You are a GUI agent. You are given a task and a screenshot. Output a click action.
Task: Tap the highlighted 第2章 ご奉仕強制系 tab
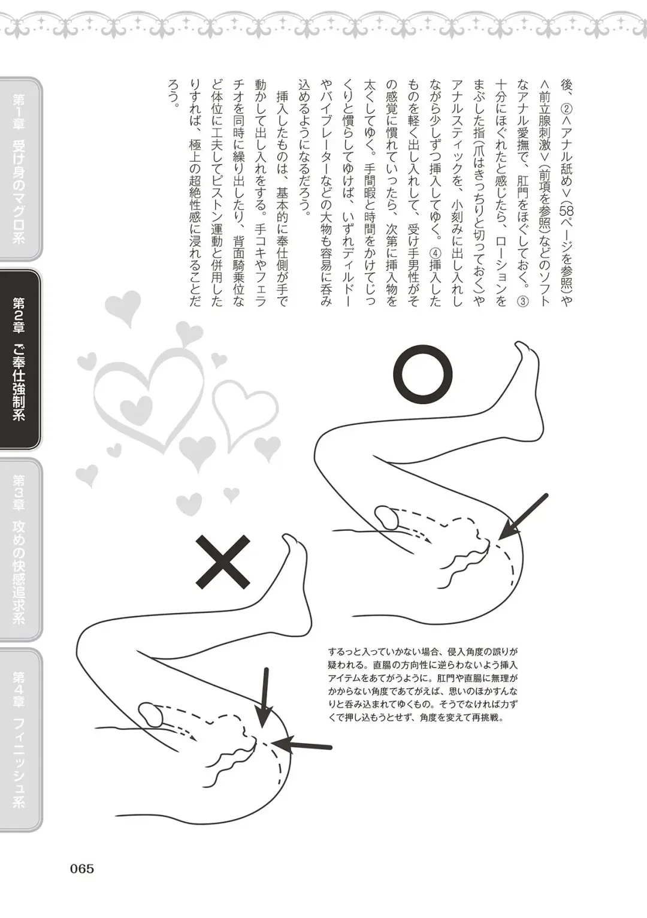20,359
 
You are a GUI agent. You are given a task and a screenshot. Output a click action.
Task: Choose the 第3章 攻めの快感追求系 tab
20,548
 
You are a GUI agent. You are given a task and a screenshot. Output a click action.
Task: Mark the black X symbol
222,561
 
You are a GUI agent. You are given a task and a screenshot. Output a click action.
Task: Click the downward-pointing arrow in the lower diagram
263,696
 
